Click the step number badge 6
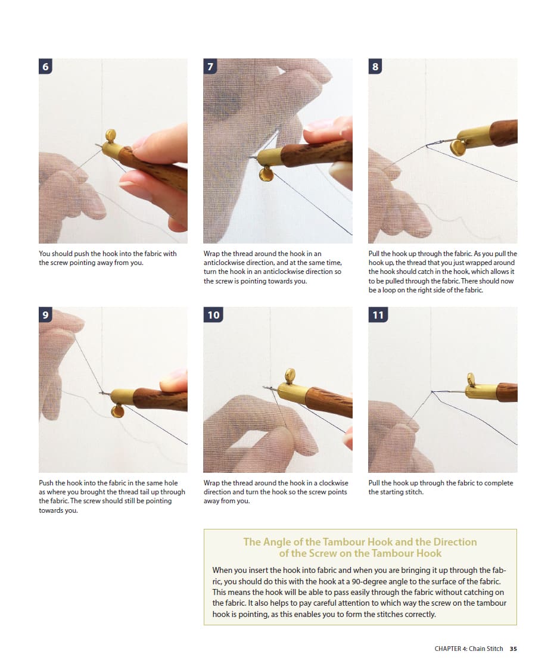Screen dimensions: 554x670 [45, 66]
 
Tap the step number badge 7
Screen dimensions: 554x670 [210, 66]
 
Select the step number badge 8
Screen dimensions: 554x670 [375, 66]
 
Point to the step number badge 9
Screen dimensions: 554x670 [45, 315]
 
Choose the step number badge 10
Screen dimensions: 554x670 [213, 315]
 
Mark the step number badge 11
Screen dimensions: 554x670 [378, 315]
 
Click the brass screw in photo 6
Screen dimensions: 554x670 [110, 136]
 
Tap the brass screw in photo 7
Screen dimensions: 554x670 [266, 174]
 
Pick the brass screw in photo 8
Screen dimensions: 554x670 [458, 148]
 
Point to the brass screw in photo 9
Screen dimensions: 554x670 [117, 411]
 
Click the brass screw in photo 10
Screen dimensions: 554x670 [290, 375]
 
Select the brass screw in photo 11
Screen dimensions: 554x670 [471, 379]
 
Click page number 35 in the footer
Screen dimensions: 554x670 [513, 649]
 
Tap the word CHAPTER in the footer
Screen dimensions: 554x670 [448, 649]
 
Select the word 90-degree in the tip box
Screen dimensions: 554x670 [367, 581]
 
